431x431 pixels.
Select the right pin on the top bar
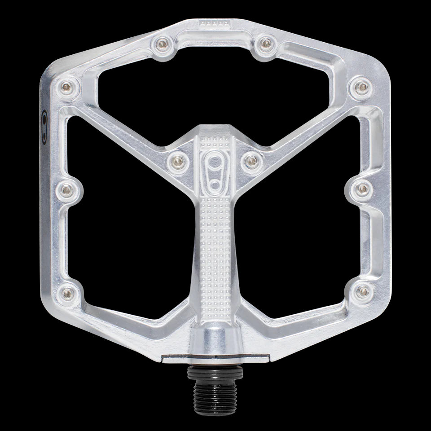point(267,43)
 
